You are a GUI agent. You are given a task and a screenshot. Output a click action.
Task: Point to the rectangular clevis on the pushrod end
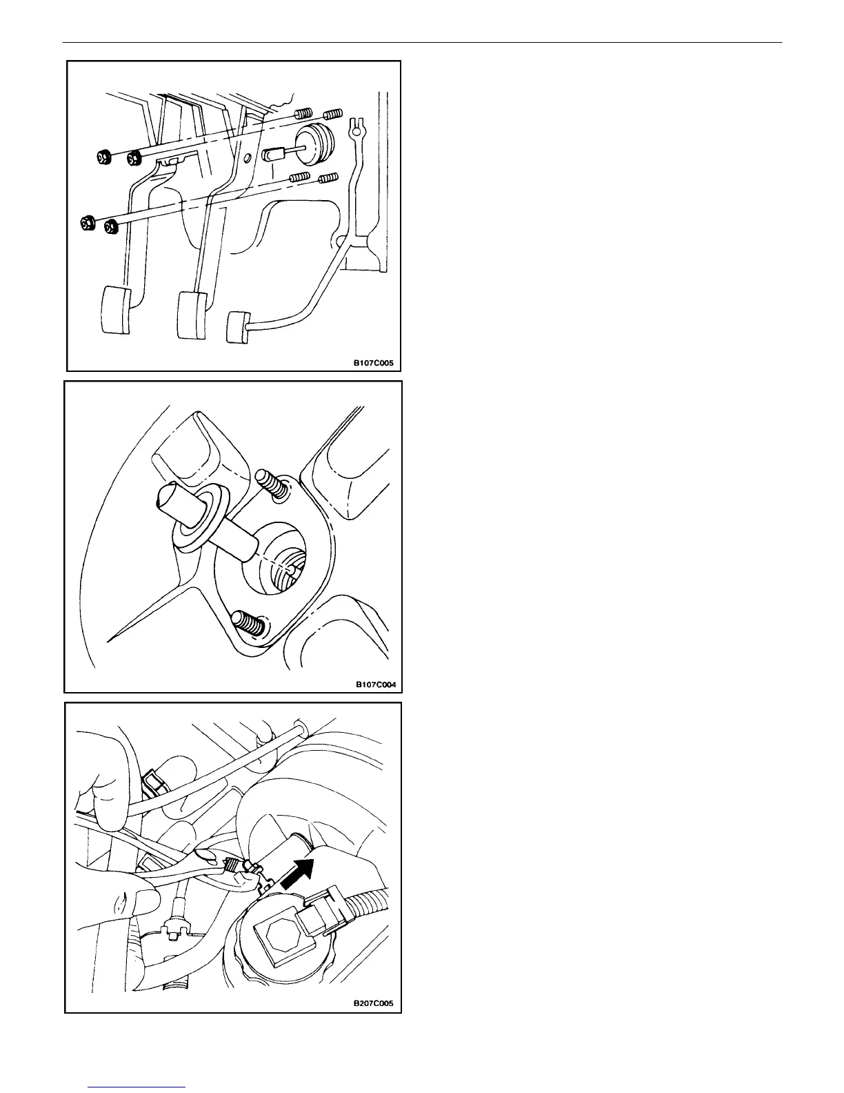pos(274,153)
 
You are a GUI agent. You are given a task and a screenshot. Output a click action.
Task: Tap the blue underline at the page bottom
pos(137,1087)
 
